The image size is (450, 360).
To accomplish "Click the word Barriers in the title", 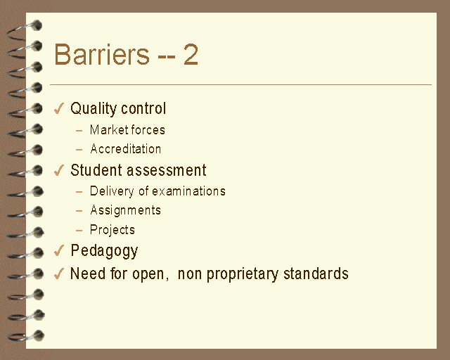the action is coord(102,54).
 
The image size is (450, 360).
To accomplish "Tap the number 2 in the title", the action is coord(191,54).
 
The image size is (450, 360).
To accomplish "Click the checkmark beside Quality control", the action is coord(59,108).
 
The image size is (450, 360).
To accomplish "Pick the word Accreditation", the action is coord(125,149).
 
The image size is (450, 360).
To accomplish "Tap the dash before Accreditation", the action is coord(79,150).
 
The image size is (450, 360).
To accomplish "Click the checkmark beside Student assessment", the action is coord(59,170).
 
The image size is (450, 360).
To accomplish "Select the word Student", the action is coord(96,170).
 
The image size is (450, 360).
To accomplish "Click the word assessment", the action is coord(167,170).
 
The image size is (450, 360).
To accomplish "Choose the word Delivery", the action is coord(112,191).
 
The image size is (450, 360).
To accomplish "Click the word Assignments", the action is coord(125,210).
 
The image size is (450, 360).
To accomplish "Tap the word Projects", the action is coord(112,230).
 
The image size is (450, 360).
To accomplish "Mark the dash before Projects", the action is coord(79,230).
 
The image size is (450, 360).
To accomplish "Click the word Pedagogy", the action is coord(104,250).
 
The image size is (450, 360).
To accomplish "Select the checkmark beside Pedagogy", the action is coord(59,250).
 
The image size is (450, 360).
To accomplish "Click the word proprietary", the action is coord(243,274).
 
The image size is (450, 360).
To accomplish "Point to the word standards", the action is coord(316,274).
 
